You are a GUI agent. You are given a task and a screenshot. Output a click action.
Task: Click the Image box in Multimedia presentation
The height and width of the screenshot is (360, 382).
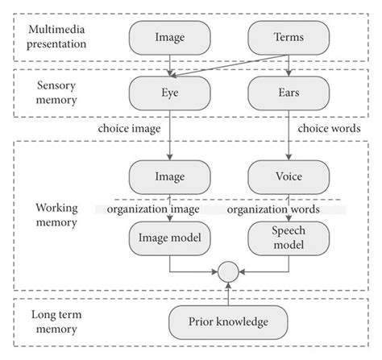click(x=170, y=36)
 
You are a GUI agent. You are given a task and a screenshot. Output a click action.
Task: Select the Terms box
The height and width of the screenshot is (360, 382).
click(x=288, y=36)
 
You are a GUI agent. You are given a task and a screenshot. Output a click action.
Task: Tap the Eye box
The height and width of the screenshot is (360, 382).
click(x=170, y=93)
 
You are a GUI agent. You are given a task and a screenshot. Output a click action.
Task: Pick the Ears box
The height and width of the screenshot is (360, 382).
click(x=288, y=93)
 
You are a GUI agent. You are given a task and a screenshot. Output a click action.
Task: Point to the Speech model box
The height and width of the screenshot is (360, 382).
click(x=288, y=236)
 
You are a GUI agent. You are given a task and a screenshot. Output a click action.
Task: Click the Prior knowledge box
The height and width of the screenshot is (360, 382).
click(x=229, y=325)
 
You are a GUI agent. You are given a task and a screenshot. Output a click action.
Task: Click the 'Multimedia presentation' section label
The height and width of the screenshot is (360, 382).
click(x=57, y=36)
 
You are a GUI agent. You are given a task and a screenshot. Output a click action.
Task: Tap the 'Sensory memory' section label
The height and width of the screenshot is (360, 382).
click(x=56, y=93)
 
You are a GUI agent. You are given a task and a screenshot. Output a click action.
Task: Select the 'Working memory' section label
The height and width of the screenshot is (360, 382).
click(x=56, y=215)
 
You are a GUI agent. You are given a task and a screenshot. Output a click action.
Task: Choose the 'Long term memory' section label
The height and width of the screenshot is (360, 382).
click(x=56, y=325)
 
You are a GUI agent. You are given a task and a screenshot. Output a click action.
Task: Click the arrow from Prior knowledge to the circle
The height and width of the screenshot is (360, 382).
click(x=229, y=295)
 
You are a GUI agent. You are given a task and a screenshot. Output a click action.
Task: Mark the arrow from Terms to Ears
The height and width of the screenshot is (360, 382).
click(x=288, y=64)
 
